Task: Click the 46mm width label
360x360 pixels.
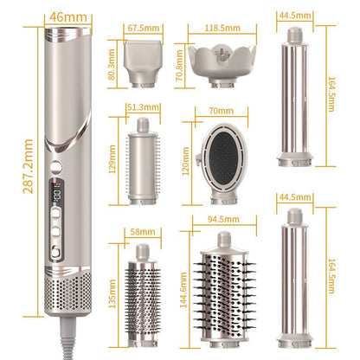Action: (68, 17)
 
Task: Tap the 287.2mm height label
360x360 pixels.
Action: (28, 166)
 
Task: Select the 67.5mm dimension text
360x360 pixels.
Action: (144, 28)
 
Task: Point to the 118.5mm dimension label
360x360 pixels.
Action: (222, 28)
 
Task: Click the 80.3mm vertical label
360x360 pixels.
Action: (112, 64)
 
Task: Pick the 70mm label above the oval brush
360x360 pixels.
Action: (222, 111)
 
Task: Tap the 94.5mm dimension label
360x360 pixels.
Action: (223, 219)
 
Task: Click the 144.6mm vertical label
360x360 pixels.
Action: (183, 290)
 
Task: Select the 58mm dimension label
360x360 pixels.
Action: (143, 232)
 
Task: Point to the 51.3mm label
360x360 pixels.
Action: (144, 107)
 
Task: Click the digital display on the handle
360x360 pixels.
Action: (56, 192)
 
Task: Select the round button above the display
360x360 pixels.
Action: (56, 167)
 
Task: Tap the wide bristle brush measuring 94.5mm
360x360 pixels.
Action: (224, 290)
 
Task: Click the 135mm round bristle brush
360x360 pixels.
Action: (143, 295)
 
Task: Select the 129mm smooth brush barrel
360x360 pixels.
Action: (143, 161)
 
